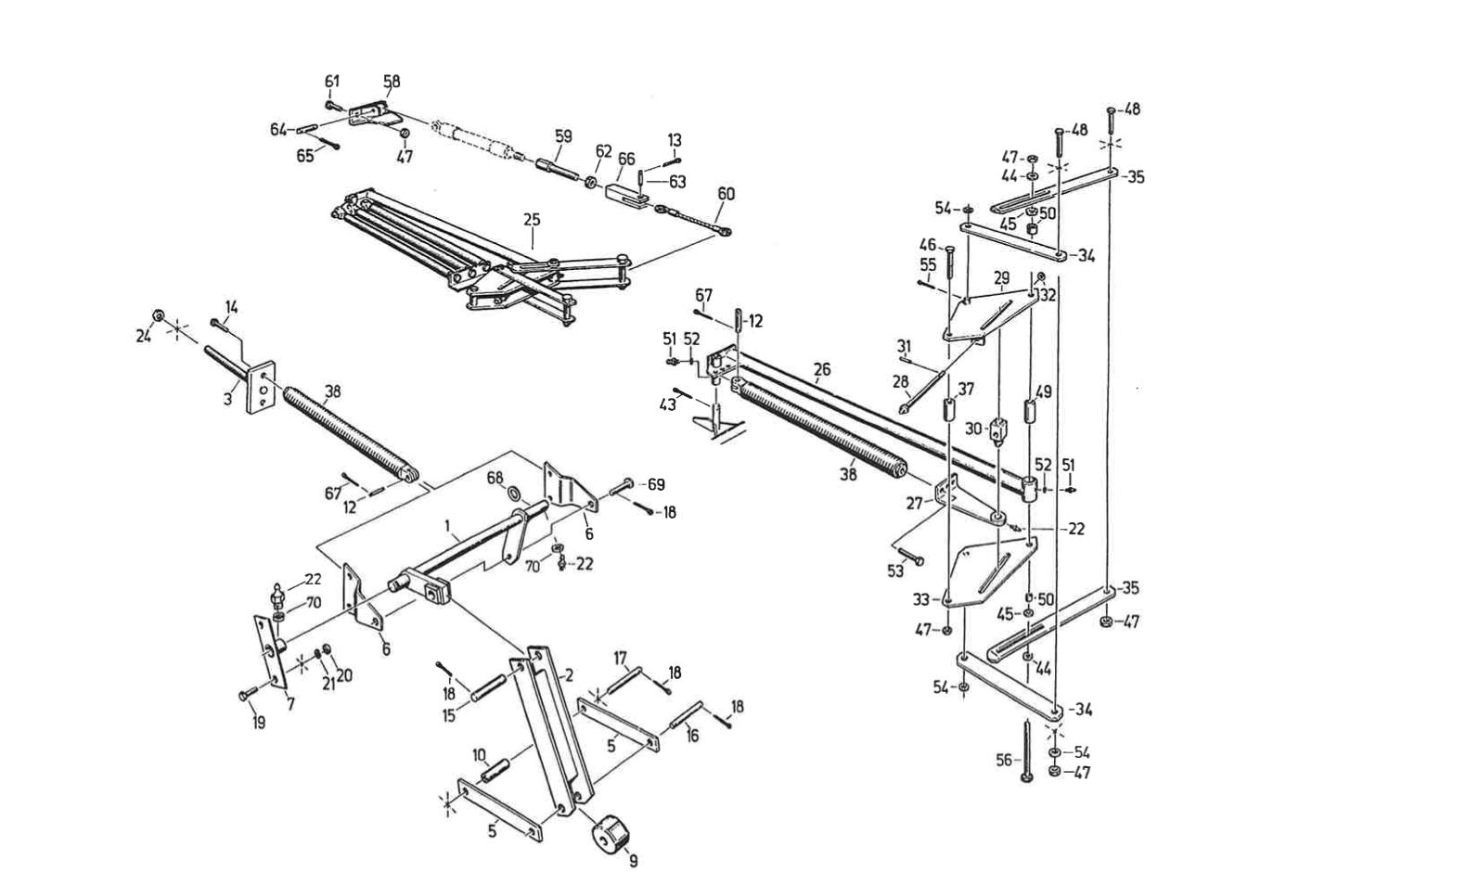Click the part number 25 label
tap(532, 220)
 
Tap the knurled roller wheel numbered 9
tap(611, 833)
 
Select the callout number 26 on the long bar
tap(822, 369)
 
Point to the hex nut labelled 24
tap(158, 315)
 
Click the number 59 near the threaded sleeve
tap(563, 136)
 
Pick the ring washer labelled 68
tap(515, 492)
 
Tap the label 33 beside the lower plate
tap(921, 599)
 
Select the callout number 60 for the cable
tap(726, 194)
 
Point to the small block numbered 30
tap(998, 430)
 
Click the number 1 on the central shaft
tap(447, 525)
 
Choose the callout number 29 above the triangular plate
tap(1001, 277)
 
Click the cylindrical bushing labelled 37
tap(949, 409)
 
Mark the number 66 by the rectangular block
tap(626, 159)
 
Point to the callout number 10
tap(480, 756)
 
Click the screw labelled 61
tap(331, 105)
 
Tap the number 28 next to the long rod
tap(901, 380)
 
